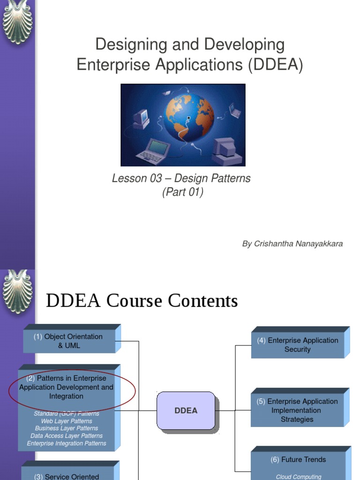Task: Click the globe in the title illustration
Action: tap(189, 117)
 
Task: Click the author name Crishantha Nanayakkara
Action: tap(292, 244)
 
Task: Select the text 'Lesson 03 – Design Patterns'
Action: tap(181, 179)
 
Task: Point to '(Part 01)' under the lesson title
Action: tap(182, 193)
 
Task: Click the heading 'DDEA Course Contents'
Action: tap(142, 301)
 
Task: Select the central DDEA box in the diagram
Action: tap(186, 411)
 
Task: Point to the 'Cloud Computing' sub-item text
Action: tap(299, 477)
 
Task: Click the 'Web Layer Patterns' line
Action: tap(67, 421)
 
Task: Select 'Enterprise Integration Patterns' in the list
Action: tap(67, 443)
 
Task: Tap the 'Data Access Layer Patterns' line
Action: tap(67, 435)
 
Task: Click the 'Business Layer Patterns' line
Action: tap(67, 428)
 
